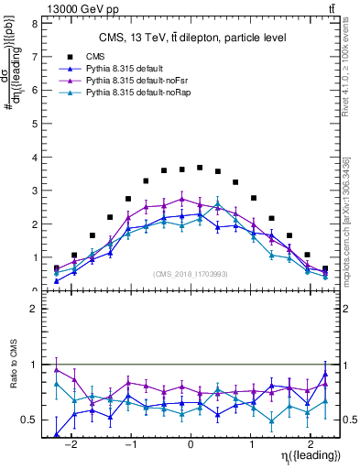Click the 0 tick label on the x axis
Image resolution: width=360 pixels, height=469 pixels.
click(x=190, y=441)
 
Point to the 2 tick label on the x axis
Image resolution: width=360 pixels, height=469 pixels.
click(x=310, y=441)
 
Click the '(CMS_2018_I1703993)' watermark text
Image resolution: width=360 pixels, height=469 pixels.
click(x=190, y=273)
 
